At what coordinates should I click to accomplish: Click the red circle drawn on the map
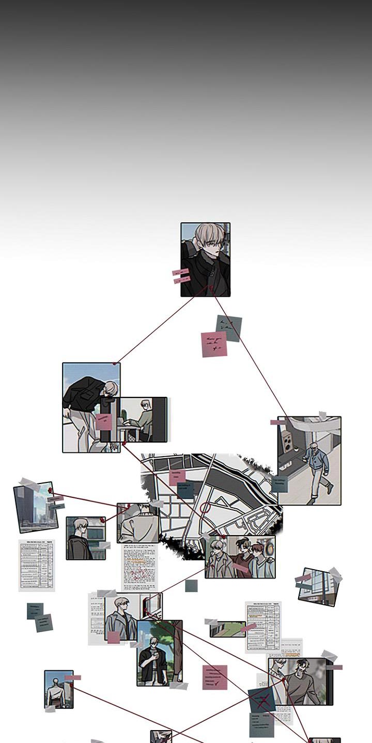point(205,508)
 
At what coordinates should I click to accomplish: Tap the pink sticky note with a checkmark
point(214,677)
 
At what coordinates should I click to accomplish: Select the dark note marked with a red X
point(262,700)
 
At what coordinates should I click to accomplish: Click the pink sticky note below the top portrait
point(213,345)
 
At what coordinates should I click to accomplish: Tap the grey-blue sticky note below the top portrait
point(229,328)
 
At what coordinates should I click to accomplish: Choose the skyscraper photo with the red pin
point(36,508)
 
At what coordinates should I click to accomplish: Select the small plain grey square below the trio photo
point(191,586)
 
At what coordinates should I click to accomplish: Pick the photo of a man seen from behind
point(58,689)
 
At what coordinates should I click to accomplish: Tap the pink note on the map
point(177,477)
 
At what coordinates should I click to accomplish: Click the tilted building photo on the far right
point(319,587)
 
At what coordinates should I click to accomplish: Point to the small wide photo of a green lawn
point(227,629)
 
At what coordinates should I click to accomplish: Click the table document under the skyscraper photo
point(36,565)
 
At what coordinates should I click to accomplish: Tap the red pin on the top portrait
point(210,287)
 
